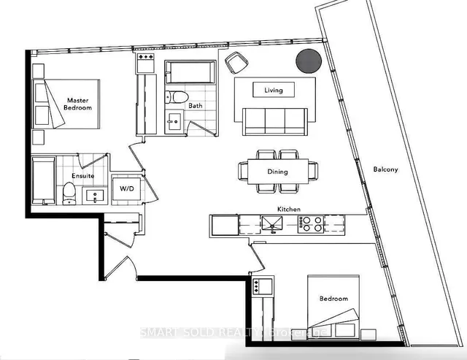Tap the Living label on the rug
274,90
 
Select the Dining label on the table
277,172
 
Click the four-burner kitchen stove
313,224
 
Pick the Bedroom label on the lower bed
333,299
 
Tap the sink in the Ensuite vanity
94,195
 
